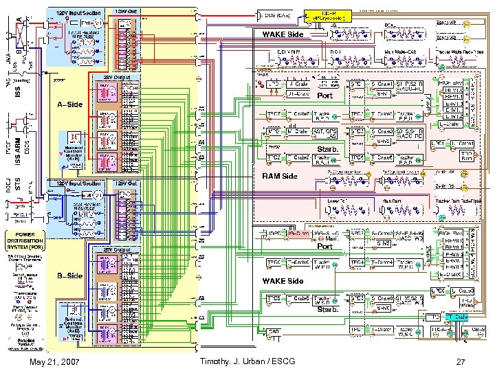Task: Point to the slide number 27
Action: pos(461,361)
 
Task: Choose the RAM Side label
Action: pos(279,176)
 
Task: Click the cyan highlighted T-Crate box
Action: pos(460,317)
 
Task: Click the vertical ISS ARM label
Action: pos(19,142)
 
